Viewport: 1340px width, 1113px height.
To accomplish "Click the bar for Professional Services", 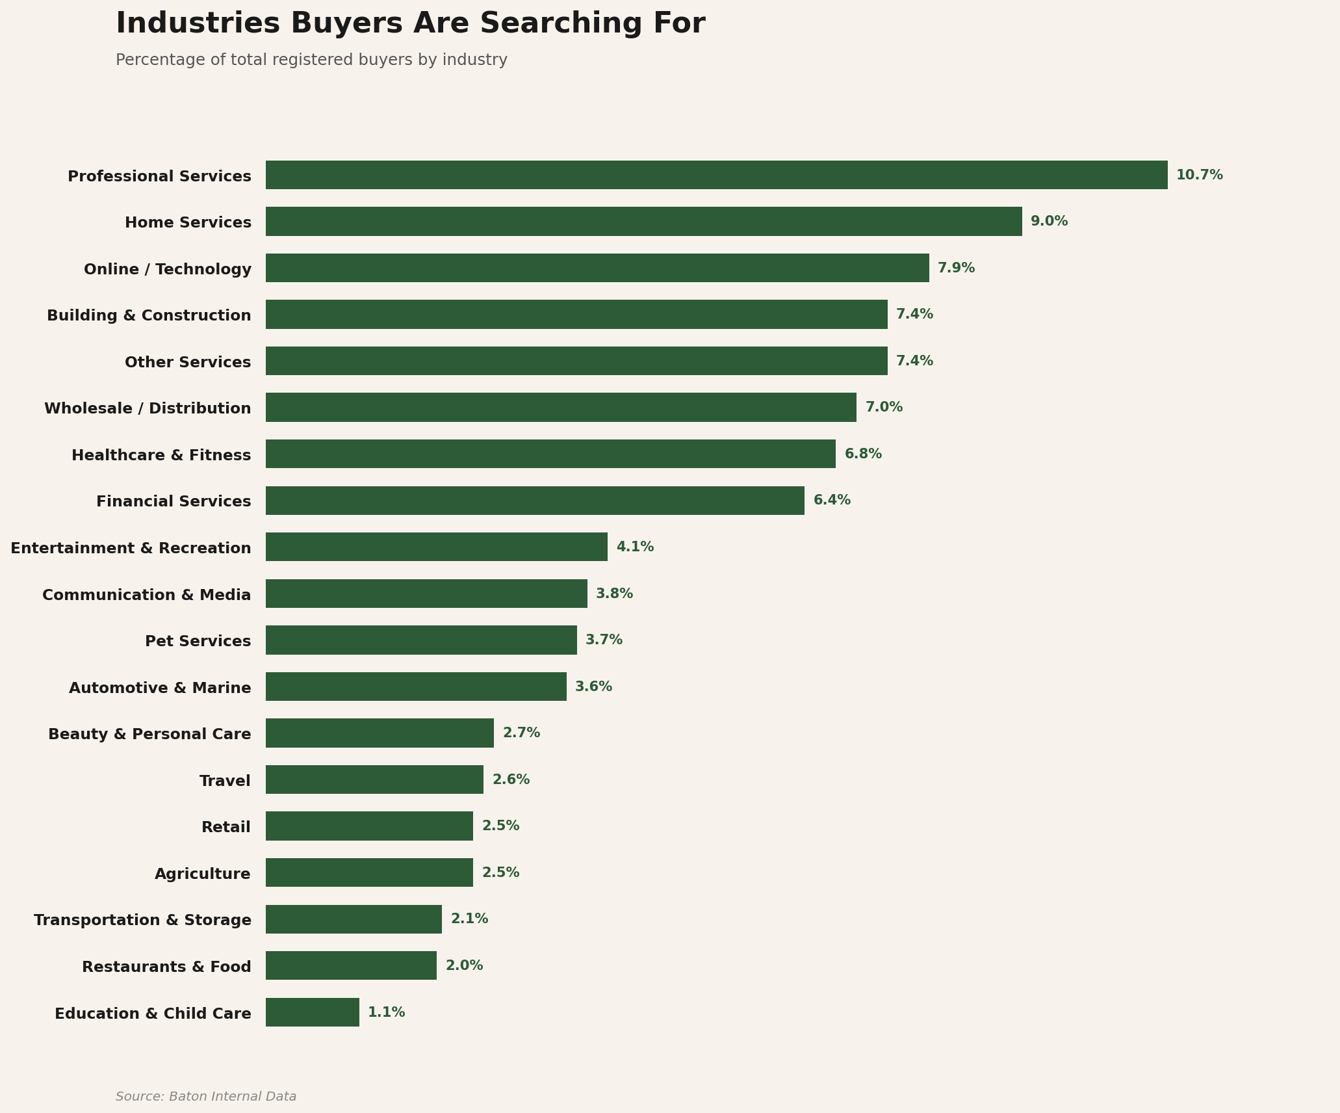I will click(x=716, y=175).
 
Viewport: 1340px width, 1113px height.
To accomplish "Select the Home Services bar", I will click(x=643, y=222).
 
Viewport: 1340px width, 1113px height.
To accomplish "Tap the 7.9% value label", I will click(x=956, y=268).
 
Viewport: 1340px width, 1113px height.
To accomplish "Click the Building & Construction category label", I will click(x=149, y=315).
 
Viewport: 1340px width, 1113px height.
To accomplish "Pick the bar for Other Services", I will click(x=576, y=361).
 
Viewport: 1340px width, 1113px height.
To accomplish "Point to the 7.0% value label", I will click(x=884, y=408).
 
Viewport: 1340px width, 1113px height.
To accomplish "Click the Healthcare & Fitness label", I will click(x=161, y=455).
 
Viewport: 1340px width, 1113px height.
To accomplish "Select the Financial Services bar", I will click(x=535, y=501).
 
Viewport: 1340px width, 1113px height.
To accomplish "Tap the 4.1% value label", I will click(x=635, y=547).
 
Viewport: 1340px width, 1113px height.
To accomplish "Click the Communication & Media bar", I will click(x=426, y=594).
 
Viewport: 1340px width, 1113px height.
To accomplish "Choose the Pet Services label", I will click(x=198, y=641).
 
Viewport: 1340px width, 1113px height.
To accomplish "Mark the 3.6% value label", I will click(x=593, y=687).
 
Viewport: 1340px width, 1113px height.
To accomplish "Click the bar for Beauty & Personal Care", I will click(x=380, y=733).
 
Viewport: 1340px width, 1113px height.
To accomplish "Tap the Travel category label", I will click(x=225, y=781).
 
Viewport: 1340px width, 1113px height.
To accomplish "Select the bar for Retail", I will click(x=369, y=826).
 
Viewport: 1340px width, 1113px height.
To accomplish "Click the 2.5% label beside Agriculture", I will click(x=500, y=872).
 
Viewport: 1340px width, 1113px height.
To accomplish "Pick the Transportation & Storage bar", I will click(x=354, y=919).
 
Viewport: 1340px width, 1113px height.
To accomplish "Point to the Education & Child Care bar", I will click(x=312, y=1012).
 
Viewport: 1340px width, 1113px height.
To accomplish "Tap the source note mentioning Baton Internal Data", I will click(x=206, y=1097).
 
